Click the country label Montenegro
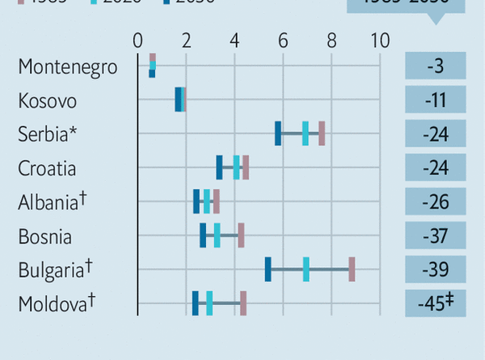68,67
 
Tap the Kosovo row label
48,101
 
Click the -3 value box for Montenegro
436,66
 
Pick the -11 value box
436,100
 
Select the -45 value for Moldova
436,303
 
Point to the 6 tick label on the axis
283,40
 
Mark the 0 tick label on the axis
138,40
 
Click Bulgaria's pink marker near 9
352,269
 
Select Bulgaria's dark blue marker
268,269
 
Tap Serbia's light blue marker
306,133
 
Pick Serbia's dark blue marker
278,133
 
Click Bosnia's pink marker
241,235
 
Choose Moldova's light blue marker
209,303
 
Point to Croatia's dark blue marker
219,167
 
